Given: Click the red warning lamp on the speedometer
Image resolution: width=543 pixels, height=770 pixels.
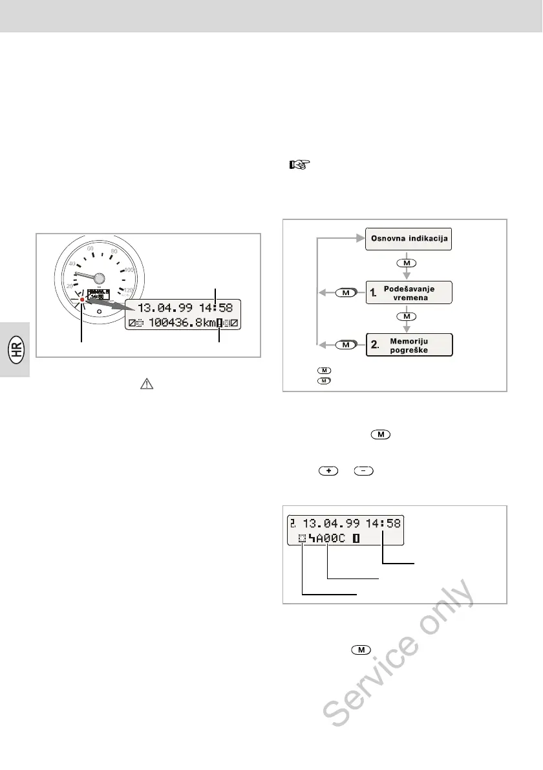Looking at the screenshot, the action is click(x=81, y=300).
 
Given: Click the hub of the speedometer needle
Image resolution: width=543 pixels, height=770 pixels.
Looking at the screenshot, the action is click(x=98, y=278).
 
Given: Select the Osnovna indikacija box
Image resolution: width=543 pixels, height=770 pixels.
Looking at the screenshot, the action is click(x=409, y=239).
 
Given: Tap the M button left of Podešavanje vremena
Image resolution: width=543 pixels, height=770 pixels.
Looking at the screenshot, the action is click(x=346, y=292).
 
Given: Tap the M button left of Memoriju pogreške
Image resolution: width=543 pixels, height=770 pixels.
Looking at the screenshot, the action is click(x=346, y=345).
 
